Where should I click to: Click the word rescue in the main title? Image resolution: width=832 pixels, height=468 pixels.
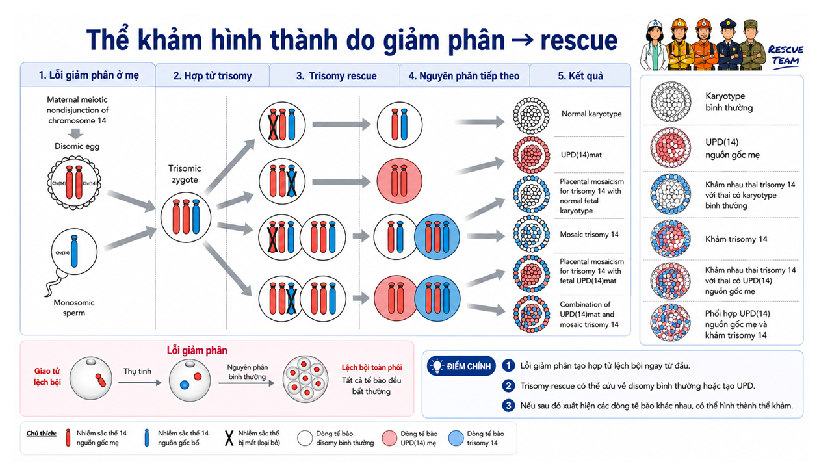coord(578,40)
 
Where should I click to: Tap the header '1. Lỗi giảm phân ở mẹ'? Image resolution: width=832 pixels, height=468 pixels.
coord(88,75)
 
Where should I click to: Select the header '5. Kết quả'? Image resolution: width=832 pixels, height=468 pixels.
coord(580,76)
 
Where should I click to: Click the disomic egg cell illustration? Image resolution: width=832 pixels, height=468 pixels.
coord(74,183)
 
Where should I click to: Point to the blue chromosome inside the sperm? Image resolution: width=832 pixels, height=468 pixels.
coord(74,251)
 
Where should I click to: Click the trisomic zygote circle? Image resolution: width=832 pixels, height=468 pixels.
coord(186,217)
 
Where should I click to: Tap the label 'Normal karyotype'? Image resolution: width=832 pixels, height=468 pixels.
coord(591,114)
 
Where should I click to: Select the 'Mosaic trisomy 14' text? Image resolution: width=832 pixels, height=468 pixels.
coord(589,235)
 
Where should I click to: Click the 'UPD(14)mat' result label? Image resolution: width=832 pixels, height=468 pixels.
coord(581,155)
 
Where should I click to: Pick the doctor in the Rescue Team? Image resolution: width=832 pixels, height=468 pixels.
coord(655,45)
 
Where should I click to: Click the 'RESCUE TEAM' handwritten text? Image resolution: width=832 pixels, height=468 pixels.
coord(786,55)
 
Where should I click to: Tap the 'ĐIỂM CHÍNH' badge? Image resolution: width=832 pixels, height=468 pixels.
coord(461,366)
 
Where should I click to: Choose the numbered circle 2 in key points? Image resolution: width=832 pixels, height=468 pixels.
coord(508,386)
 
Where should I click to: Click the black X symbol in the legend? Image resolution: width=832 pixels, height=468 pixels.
coord(229,438)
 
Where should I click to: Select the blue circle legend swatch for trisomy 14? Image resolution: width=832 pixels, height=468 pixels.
coord(456,438)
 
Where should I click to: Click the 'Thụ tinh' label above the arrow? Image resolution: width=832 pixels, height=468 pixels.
coord(137,371)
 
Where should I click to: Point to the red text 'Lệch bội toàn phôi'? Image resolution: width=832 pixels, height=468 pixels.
coord(372,367)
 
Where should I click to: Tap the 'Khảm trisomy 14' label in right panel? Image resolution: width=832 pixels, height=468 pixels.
coord(736,239)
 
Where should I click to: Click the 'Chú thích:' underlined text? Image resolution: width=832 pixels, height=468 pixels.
coord(41,434)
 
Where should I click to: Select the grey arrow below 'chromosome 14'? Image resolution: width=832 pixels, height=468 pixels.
coord(76,133)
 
